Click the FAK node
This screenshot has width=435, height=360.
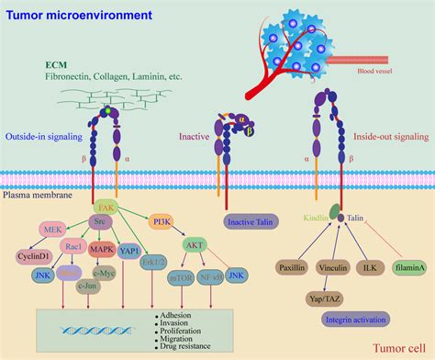(106, 209)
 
